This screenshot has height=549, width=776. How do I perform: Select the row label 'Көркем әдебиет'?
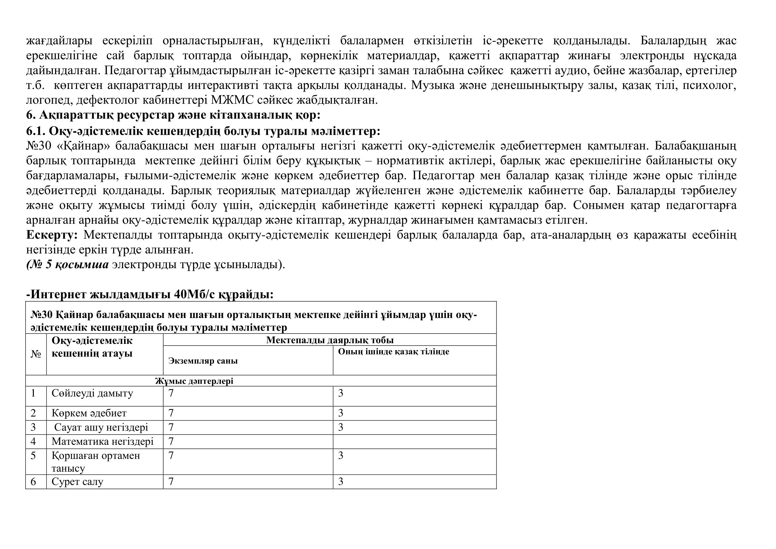[x=89, y=413]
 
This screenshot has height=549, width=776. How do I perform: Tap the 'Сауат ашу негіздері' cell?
[x=101, y=427]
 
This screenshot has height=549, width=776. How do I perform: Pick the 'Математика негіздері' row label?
[x=103, y=441]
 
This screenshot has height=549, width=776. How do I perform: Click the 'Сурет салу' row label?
[x=77, y=482]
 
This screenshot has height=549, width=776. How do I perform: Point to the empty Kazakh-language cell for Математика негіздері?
[x=414, y=441]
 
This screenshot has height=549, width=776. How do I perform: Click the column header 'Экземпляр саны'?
[x=203, y=361]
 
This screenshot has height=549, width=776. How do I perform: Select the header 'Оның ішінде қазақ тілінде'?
[x=393, y=352]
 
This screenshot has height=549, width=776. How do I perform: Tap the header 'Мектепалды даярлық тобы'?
[x=329, y=340]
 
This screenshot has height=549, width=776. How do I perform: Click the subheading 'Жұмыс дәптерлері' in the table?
[x=194, y=381]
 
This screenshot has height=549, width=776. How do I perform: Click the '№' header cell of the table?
[x=36, y=354]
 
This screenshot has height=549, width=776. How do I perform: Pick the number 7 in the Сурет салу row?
[x=171, y=482]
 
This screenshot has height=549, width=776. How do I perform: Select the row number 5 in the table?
[x=33, y=456]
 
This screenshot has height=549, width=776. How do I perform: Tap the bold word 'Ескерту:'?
[x=52, y=235]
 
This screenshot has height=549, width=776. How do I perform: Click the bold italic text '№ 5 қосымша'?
[x=68, y=264]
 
